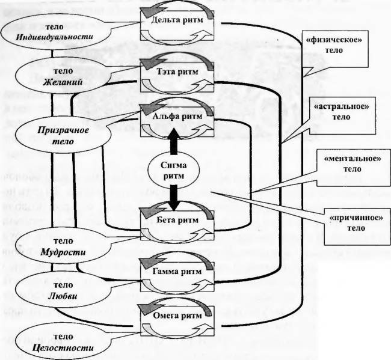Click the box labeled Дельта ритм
pos(177,25)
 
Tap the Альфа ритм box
pos(177,121)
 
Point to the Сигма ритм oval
pos(174,171)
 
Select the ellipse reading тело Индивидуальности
pos(55,32)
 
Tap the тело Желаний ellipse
pos(63,76)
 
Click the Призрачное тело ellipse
pos(63,135)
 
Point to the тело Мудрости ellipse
pos(63,246)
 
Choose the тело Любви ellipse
pos(63,290)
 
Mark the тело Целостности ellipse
pos(63,342)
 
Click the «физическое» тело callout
pos(335,49)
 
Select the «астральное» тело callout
pos(342,115)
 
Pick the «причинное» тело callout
pos(357,227)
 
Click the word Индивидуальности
pos(55,37)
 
